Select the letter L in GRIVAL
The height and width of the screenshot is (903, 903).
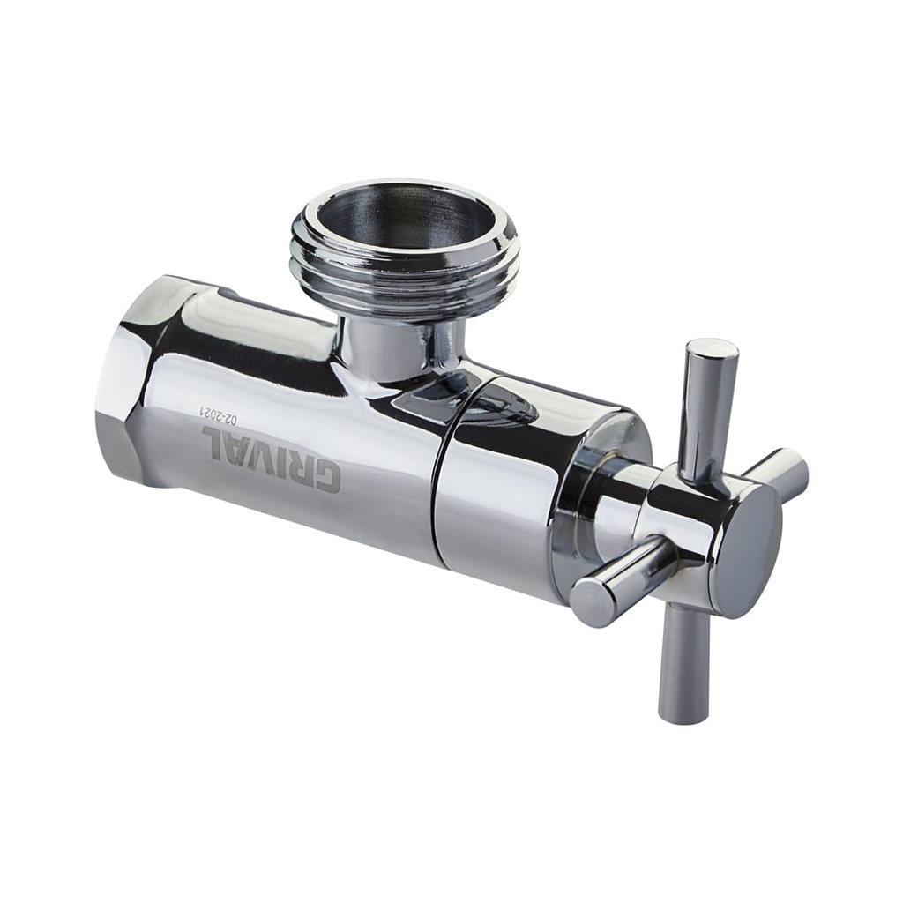pos(215,439)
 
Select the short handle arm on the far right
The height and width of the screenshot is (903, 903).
pos(780,473)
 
